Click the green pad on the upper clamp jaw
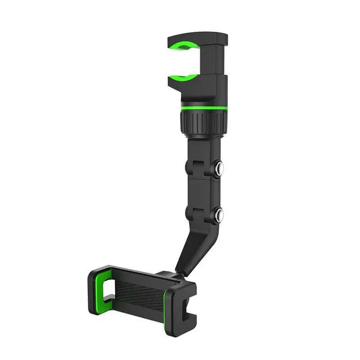183,46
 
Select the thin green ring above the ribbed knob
204,108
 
